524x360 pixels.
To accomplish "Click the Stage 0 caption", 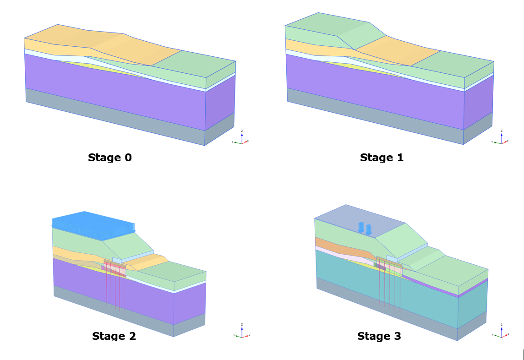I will [x=109, y=158].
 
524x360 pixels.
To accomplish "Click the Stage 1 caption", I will [x=382, y=158].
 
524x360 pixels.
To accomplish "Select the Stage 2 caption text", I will [x=114, y=336].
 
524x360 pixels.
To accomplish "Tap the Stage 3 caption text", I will [x=379, y=336].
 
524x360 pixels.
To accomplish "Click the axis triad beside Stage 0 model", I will [x=241, y=140].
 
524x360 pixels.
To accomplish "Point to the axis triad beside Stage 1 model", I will [x=501, y=139].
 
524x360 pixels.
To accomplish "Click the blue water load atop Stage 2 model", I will [x=92, y=224].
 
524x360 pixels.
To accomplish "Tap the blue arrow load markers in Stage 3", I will [x=365, y=228].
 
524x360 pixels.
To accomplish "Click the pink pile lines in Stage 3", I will [x=390, y=289].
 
